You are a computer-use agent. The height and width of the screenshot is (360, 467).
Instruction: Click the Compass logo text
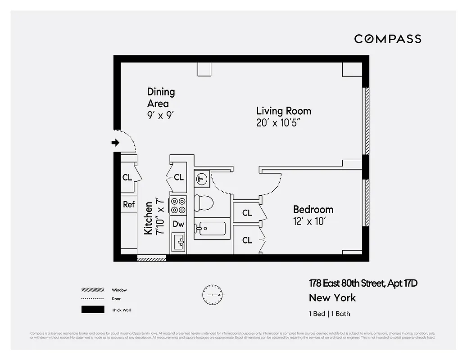pyautogui.click(x=387, y=39)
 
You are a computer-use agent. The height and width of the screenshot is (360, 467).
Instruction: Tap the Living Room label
pyautogui.click(x=283, y=111)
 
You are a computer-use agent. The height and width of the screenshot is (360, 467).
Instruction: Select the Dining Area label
pyautogui.click(x=161, y=98)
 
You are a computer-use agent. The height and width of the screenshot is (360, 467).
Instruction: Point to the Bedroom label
pyautogui.click(x=313, y=209)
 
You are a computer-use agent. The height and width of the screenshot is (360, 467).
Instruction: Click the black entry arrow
pyautogui.click(x=115, y=143)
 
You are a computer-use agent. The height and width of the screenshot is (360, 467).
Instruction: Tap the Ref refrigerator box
pyautogui.click(x=129, y=204)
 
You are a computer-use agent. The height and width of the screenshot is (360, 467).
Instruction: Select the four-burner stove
pyautogui.click(x=178, y=206)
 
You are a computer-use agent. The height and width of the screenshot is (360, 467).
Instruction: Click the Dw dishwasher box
pyautogui.click(x=178, y=224)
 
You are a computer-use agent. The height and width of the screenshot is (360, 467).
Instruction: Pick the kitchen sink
pyautogui.click(x=179, y=243)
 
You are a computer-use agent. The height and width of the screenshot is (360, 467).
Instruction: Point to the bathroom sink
pyautogui.click(x=201, y=179)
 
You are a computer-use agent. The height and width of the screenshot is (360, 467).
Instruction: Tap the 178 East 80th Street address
pyautogui.click(x=363, y=283)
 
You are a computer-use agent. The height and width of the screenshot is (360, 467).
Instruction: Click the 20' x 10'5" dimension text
pyautogui.click(x=278, y=123)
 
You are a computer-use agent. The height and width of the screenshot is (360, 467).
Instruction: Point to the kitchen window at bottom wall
pyautogui.click(x=152, y=258)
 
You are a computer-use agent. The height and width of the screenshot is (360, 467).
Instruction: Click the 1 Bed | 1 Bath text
pyautogui.click(x=329, y=314)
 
